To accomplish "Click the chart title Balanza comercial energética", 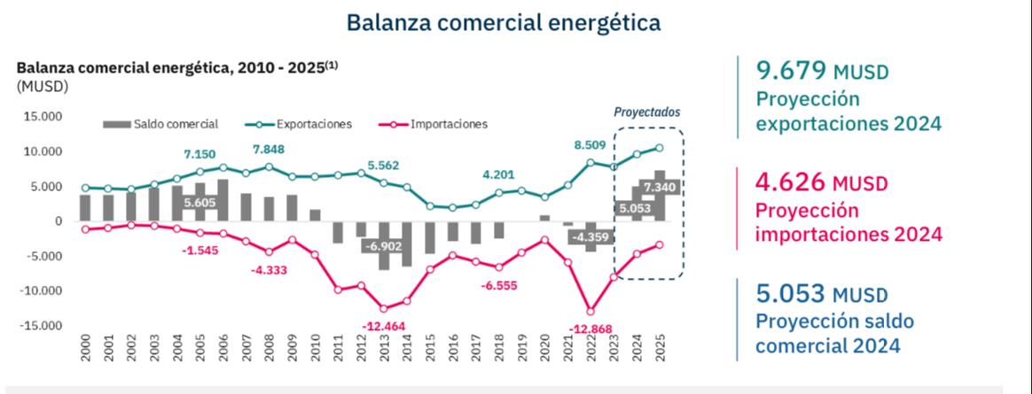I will click(x=503, y=20).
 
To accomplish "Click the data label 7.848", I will click(x=270, y=149).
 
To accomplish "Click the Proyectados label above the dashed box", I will click(x=647, y=112).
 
